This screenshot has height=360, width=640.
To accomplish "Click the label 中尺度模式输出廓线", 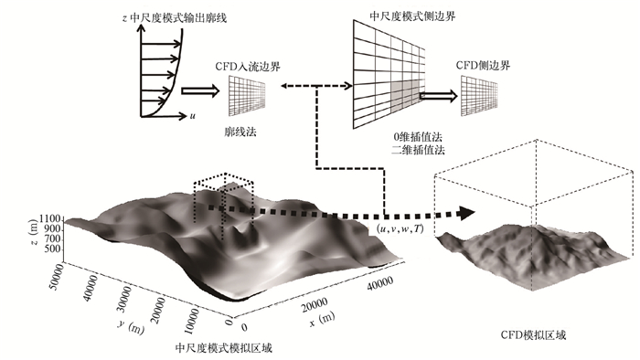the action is pyautogui.click(x=178, y=17).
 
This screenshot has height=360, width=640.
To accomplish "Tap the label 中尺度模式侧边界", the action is pyautogui.click(x=412, y=16).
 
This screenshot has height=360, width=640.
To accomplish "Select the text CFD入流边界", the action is pyautogui.click(x=248, y=66).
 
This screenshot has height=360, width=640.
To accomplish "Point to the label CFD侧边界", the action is pyautogui.click(x=483, y=65).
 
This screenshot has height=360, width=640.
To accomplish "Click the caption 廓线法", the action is pyautogui.click(x=240, y=132).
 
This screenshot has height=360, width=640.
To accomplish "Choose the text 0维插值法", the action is pyautogui.click(x=417, y=137).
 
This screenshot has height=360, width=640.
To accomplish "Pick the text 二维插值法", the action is pyautogui.click(x=418, y=150).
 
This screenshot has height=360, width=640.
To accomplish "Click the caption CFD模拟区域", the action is pyautogui.click(x=533, y=335).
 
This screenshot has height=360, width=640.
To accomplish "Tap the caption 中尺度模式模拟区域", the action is pyautogui.click(x=223, y=348).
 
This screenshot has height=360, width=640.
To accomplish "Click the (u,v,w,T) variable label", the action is pyautogui.click(x=400, y=228).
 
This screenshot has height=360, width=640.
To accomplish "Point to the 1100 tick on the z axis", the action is pyautogui.click(x=50, y=218).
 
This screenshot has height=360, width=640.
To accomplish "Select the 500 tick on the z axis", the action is pyautogui.click(x=53, y=249).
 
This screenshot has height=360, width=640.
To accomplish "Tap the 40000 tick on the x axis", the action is pyautogui.click(x=380, y=283).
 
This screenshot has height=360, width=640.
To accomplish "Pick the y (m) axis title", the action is pyautogui.click(x=131, y=326).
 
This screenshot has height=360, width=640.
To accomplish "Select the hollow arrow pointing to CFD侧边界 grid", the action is pyautogui.click(x=438, y=96).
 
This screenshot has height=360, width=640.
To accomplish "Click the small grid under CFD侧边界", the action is pyautogui.click(x=479, y=96).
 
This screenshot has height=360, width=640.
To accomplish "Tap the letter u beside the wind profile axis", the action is pyautogui.click(x=192, y=116).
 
